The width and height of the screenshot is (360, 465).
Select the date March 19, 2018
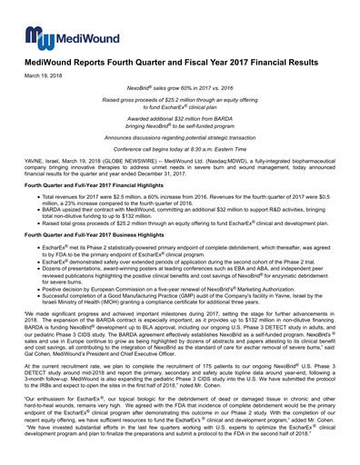[42, 74]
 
